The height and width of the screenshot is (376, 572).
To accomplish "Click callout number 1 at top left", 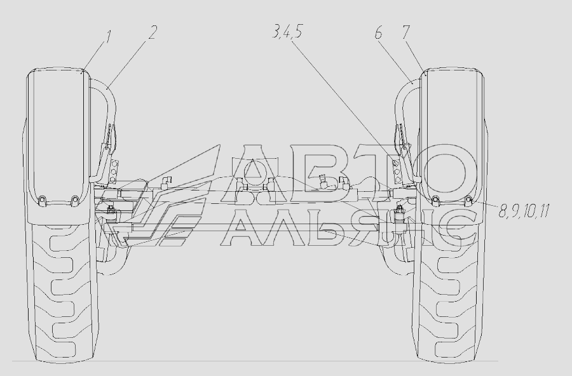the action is click(x=107, y=37).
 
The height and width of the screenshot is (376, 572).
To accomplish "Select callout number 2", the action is click(x=153, y=32).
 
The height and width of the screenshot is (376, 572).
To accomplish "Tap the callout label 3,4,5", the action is click(x=287, y=32).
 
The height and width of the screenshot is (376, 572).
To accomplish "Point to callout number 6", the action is click(x=378, y=33).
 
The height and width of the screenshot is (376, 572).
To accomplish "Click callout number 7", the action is click(x=406, y=32).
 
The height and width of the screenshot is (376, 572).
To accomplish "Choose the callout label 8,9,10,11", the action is click(x=524, y=211).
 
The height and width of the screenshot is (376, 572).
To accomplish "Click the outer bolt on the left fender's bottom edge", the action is click(x=43, y=199).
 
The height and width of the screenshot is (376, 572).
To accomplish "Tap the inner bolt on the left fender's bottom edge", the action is click(x=74, y=199).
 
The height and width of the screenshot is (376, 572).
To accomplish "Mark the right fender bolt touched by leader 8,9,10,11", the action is click(x=468, y=199).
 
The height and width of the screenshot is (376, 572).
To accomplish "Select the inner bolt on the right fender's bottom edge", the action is click(x=435, y=199).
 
